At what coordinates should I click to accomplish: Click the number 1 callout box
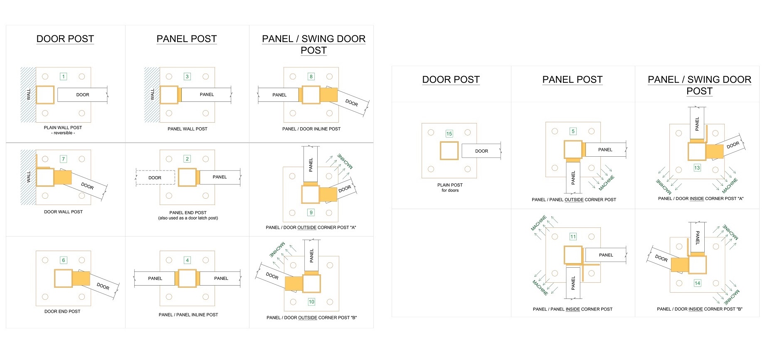point(63,76)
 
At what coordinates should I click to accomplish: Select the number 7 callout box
point(63,159)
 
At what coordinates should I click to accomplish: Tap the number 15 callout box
point(449,134)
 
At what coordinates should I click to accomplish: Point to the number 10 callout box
point(311,302)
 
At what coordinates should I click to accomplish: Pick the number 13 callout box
point(697,168)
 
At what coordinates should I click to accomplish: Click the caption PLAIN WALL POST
point(63,128)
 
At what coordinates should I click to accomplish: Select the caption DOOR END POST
point(62,311)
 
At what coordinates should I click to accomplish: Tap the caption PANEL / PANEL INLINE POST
point(188,315)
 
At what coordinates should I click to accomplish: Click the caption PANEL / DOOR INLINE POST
point(311,129)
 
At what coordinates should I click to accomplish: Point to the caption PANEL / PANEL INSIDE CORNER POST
point(573,309)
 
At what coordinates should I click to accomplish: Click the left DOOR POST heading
point(65,39)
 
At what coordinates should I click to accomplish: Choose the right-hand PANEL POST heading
point(573,79)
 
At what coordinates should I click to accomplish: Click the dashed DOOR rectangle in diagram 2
point(155,178)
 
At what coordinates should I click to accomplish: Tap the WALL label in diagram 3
point(152,94)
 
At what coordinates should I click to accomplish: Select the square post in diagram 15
point(449,150)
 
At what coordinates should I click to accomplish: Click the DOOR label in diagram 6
point(103,286)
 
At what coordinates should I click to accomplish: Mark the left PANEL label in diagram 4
point(155,279)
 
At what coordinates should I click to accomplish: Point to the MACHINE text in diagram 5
point(607,183)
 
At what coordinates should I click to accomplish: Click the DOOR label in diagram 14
point(661,258)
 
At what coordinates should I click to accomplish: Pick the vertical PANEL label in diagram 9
point(311,165)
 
